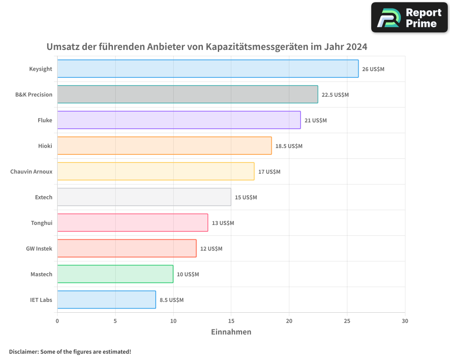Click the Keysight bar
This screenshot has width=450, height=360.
[x=207, y=69]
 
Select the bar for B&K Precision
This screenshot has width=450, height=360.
[x=187, y=94]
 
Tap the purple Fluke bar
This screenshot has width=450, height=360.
[x=179, y=120]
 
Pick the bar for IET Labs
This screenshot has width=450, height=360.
[x=106, y=300]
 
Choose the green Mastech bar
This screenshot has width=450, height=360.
[x=115, y=274]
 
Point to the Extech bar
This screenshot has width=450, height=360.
[x=144, y=197]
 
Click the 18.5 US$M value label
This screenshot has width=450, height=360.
[x=289, y=146]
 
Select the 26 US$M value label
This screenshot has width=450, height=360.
[x=373, y=69]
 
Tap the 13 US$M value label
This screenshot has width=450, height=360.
[x=223, y=223]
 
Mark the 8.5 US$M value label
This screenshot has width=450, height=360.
[x=171, y=300]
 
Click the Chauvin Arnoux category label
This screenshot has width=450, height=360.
[x=31, y=171]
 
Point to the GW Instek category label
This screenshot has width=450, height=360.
[x=39, y=248]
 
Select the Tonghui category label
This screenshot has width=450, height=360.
[x=41, y=223]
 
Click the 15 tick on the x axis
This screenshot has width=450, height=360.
[x=231, y=321]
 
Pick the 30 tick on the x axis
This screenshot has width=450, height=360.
[x=405, y=321]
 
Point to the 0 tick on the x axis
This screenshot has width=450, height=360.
[x=57, y=321]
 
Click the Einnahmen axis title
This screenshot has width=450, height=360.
[x=231, y=332]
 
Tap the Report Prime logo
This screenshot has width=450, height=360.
[x=409, y=18]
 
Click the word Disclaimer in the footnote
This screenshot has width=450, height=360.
[x=23, y=351]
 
